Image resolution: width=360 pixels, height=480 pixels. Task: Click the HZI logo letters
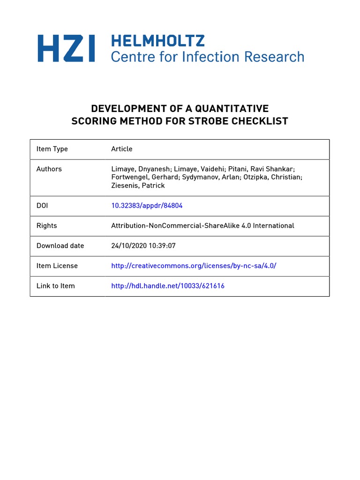66,49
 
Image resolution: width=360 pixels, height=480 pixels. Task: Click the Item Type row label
52,149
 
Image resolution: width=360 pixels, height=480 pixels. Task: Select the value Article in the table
122,149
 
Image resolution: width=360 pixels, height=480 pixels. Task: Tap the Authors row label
49,169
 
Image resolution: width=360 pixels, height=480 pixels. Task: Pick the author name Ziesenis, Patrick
138,186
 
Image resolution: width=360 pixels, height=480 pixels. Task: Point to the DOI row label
42,205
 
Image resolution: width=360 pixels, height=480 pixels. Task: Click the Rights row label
47,225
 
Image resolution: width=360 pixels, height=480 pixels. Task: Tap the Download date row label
60,246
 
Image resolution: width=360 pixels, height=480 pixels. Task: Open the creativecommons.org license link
194,266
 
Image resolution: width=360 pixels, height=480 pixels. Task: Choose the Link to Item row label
56,286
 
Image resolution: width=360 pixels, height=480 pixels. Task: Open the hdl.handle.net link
168,286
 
